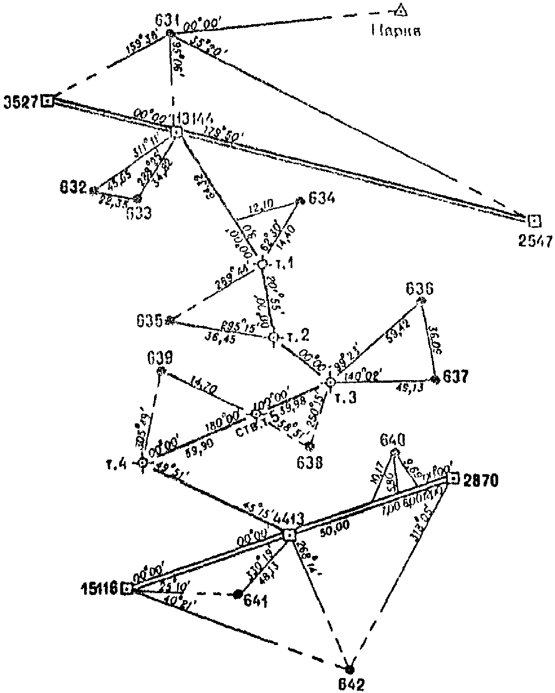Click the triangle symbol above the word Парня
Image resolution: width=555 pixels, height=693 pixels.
pyautogui.click(x=401, y=11)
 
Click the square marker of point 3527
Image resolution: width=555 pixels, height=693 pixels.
pyautogui.click(x=48, y=101)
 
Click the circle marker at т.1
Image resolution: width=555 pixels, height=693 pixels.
pyautogui.click(x=262, y=264)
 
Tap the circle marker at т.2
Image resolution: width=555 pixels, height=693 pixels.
pyautogui.click(x=273, y=337)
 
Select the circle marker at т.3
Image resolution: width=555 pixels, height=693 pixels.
pyautogui.click(x=330, y=382)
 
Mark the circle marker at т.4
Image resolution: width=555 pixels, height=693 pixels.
pyautogui.click(x=142, y=463)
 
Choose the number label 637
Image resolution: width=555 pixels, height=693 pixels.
pyautogui.click(x=456, y=377)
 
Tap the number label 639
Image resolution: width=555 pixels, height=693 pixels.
pyautogui.click(x=160, y=359)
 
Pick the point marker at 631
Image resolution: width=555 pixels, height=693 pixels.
pyautogui.click(x=171, y=33)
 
